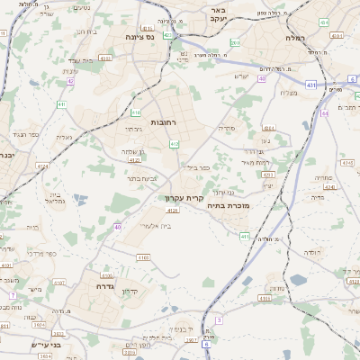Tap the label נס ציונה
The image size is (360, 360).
tap(139, 38)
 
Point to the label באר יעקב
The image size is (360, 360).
tap(215, 14)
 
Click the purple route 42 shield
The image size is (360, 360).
tap(70, 81)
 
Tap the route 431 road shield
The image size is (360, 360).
tap(311, 85)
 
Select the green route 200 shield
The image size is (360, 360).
tap(234, 42)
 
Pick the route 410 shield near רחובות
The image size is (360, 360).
tap(135, 112)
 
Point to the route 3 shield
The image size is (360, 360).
tap(218, 319)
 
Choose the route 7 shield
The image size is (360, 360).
tap(13, 295)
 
